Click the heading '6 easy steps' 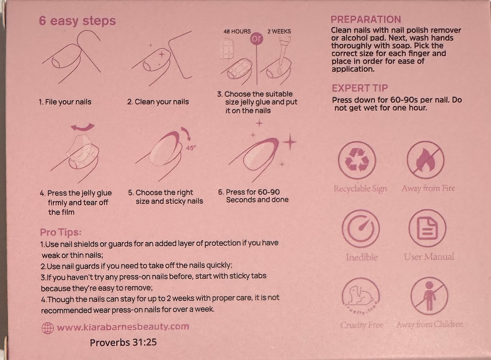click(x=77, y=21)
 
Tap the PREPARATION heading click(x=366, y=19)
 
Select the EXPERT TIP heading click(x=360, y=88)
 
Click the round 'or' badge click(x=257, y=39)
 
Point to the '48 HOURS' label click(x=237, y=32)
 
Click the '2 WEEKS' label click(x=279, y=31)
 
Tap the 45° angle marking click(x=191, y=148)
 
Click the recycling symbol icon click(x=357, y=160)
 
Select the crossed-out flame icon click(x=426, y=160)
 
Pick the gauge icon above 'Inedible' click(x=361, y=228)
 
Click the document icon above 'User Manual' click(x=427, y=228)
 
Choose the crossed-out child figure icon click(x=429, y=296)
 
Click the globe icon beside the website click(x=48, y=328)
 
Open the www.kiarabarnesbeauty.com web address click(x=123, y=327)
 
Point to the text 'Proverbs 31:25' click(x=123, y=342)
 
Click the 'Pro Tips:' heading click(x=61, y=233)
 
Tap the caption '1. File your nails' click(x=65, y=102)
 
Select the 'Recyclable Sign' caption click(x=360, y=189)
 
